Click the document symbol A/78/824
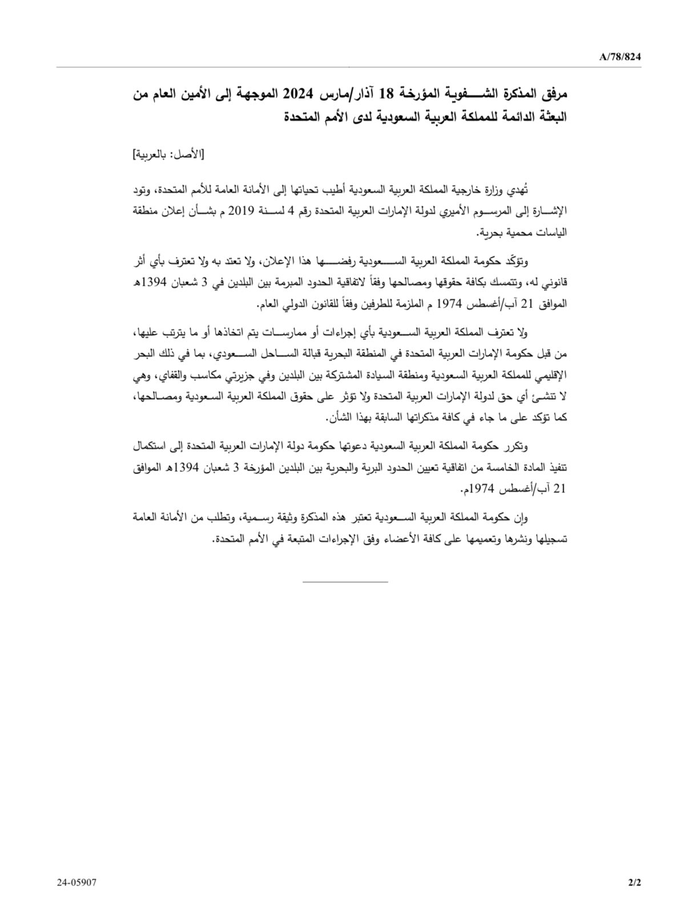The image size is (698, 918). pyautogui.click(x=621, y=56)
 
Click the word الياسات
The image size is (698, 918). pyautogui.click(x=550, y=232)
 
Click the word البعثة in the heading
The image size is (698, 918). pyautogui.click(x=550, y=118)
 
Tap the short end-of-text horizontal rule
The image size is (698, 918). pyautogui.click(x=345, y=581)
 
